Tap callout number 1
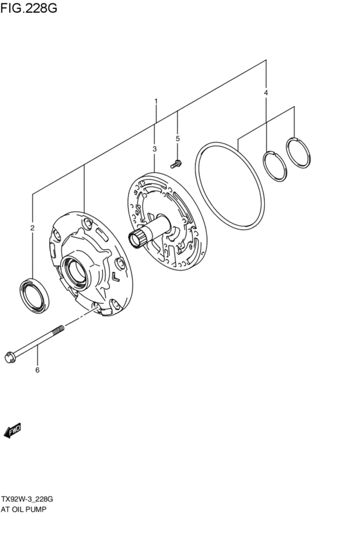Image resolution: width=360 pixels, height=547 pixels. point(155,102)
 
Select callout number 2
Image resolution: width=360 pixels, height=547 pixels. point(32,228)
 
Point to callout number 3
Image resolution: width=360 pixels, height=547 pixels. point(155,149)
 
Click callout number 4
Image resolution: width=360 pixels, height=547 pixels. point(266,93)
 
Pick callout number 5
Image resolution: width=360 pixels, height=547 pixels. point(178,138)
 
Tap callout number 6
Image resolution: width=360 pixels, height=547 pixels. point(37,370)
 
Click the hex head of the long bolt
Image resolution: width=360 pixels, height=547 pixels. point(10,356)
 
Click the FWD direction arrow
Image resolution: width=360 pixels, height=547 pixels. point(13,431)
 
